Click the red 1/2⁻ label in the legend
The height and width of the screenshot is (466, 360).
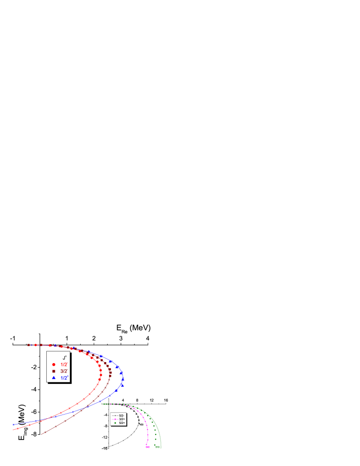(64, 364)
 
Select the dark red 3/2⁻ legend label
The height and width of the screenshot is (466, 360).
(64, 371)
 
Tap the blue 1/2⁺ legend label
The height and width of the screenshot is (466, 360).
(64, 378)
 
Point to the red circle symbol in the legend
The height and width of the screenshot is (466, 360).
(54, 364)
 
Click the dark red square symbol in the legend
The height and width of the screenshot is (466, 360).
(54, 371)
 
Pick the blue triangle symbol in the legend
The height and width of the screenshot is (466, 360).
(54, 378)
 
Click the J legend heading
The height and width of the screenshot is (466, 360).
(64, 358)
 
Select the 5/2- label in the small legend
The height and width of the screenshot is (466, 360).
(122, 415)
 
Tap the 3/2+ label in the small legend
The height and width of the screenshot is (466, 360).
(122, 419)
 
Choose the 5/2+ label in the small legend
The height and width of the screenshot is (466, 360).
(122, 423)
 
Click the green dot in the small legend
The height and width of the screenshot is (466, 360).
(115, 423)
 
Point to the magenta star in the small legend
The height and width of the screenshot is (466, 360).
(115, 419)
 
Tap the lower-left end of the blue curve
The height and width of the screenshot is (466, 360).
(13, 424)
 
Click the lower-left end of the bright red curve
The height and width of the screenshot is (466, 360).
(13, 430)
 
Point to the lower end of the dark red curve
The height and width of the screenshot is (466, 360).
(42, 434)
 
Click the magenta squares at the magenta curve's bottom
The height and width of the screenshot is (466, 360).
(148, 447)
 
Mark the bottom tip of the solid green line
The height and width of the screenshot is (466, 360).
(160, 448)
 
